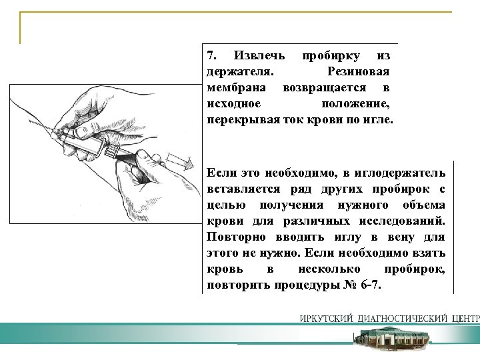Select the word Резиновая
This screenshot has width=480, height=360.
358,71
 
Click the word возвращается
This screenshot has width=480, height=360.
323,87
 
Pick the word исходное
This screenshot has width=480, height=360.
233,104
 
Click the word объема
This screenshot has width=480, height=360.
423,205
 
